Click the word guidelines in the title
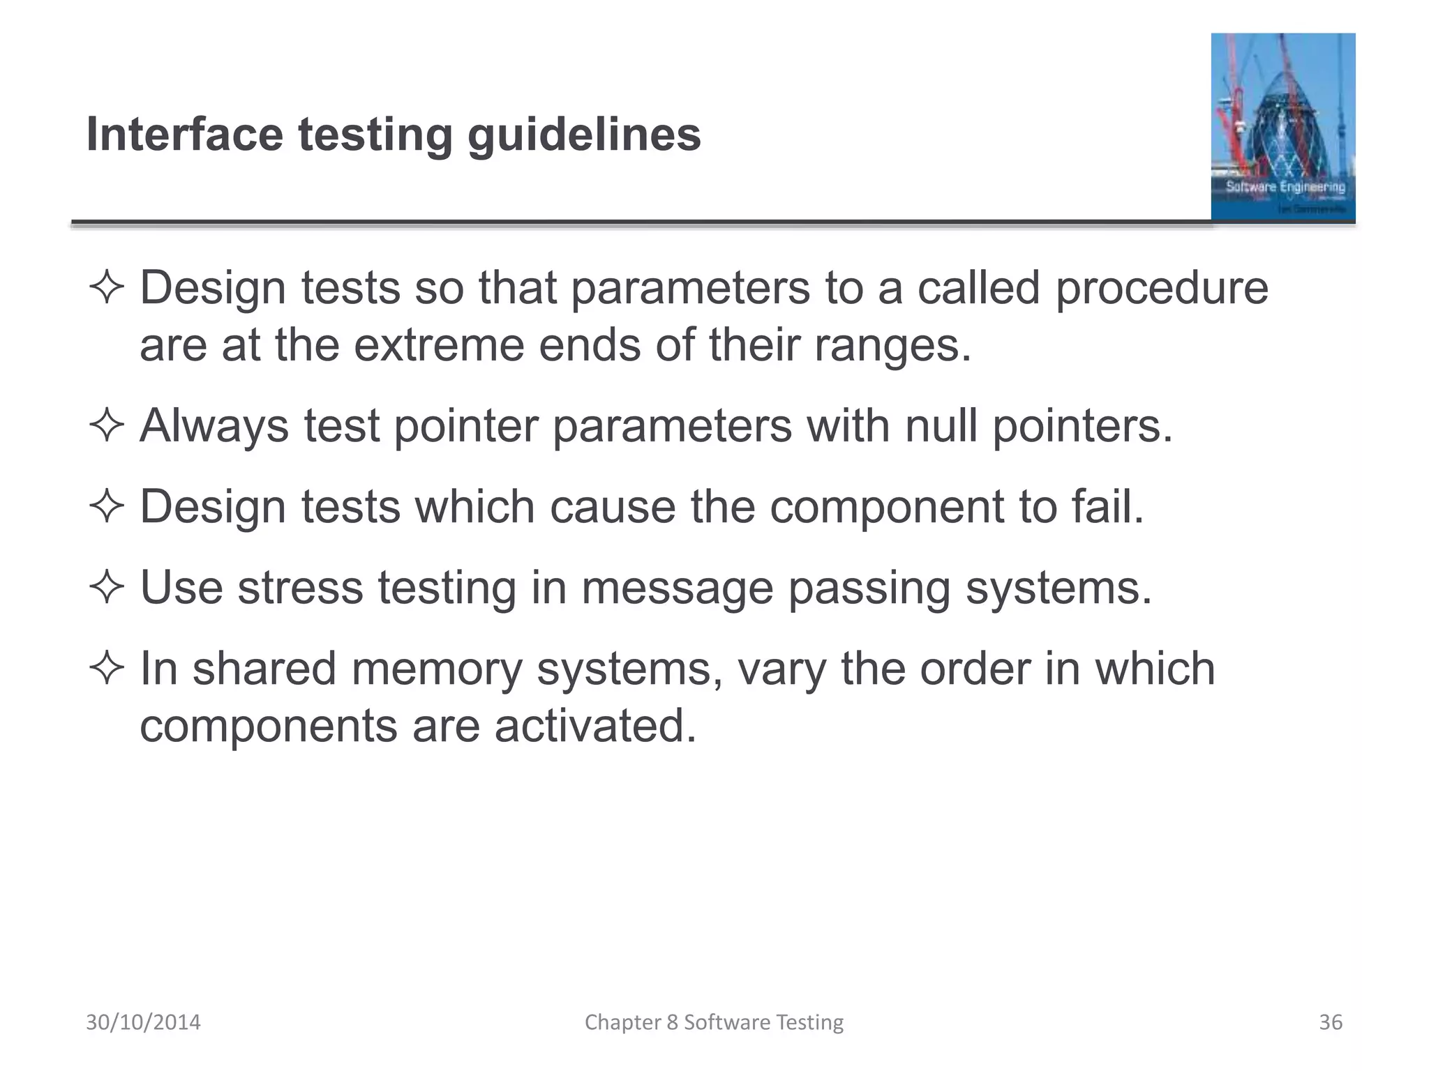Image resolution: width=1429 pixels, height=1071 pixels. [584, 135]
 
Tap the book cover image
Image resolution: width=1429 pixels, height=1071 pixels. [1282, 127]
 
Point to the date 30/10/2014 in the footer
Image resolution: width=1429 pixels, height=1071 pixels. [143, 1022]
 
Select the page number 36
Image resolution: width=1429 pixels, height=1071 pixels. [1330, 1022]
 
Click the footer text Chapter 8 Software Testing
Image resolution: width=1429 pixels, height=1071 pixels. [714, 1022]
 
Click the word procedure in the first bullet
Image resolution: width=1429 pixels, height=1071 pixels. [1162, 289]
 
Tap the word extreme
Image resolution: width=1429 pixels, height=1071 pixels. [439, 345]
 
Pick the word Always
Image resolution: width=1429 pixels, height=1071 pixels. [214, 426]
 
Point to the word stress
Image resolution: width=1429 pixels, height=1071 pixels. [300, 587]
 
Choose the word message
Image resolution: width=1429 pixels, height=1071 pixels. [677, 588]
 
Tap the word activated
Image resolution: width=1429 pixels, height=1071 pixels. [595, 726]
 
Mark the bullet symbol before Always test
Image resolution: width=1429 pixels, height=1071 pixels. [107, 425]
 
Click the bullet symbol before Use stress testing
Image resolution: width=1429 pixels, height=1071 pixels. [107, 587]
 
